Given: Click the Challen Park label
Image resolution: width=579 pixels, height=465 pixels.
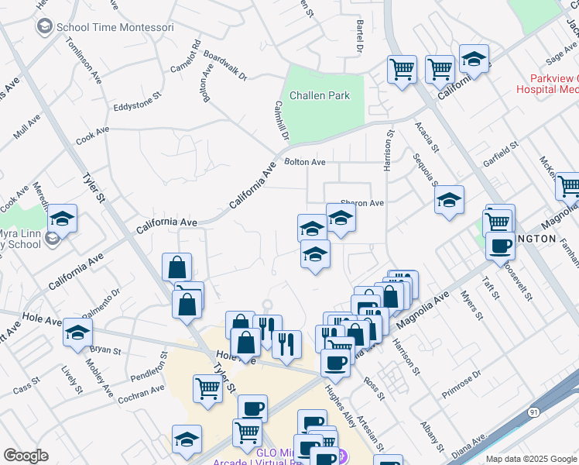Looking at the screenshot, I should [x=320, y=95].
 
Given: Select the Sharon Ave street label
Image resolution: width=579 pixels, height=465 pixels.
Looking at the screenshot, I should [x=362, y=203].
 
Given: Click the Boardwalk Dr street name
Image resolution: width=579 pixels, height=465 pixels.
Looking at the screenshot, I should [x=224, y=67].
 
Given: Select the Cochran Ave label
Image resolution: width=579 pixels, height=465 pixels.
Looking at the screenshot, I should [x=142, y=394].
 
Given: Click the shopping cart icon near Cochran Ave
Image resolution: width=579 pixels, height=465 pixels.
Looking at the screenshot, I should [x=207, y=389].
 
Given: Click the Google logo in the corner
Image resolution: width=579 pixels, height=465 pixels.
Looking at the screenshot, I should [x=26, y=456].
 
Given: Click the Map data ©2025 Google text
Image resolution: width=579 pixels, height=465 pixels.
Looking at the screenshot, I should [x=531, y=459].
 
